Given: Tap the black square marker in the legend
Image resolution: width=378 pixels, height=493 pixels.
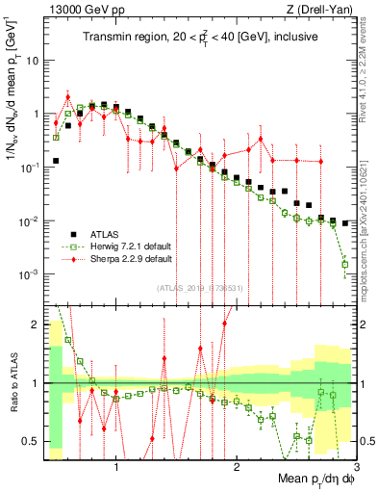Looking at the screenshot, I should [x=71, y=234].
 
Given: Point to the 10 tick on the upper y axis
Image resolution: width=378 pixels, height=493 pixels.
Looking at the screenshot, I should [x=33, y=60].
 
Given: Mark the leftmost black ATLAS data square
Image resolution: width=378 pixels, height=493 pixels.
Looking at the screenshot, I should [x=56, y=161].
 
